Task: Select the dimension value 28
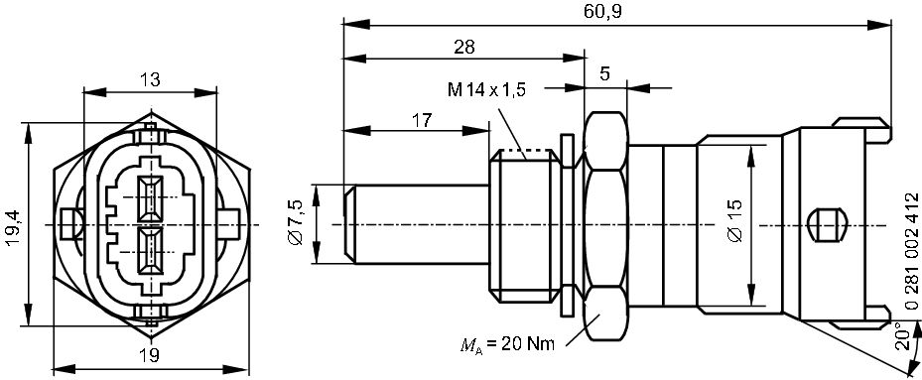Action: click(x=462, y=46)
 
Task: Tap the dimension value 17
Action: click(x=421, y=120)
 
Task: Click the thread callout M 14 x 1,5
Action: click(x=485, y=89)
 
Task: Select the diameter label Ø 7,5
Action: click(x=294, y=224)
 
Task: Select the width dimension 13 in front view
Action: click(x=150, y=80)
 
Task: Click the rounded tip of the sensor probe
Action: click(x=348, y=224)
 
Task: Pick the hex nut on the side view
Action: click(x=604, y=224)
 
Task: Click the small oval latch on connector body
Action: click(x=825, y=224)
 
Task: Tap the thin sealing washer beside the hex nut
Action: click(x=568, y=224)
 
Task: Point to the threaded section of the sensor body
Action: click(x=525, y=224)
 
